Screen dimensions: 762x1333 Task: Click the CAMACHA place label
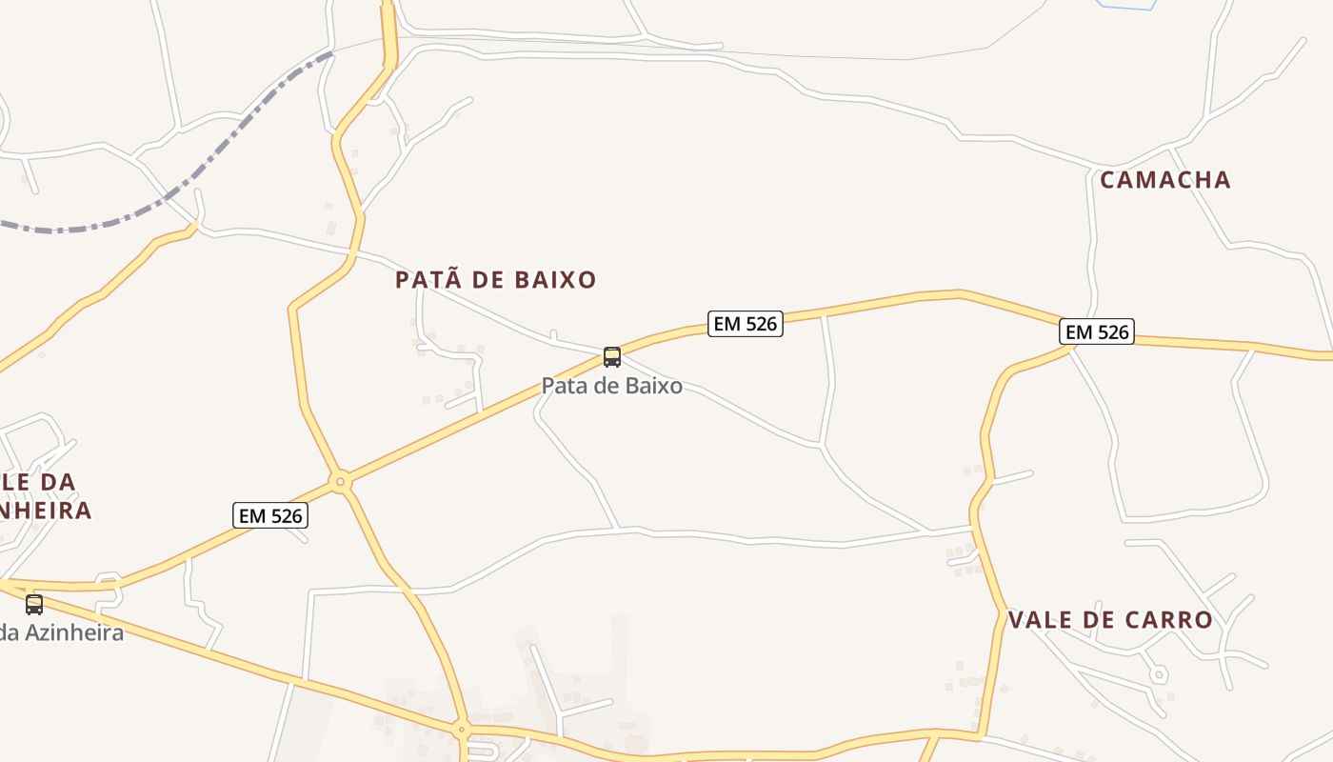tap(1164, 180)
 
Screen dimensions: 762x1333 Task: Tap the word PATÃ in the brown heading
tap(428, 280)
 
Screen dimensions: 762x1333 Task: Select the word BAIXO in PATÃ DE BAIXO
tap(555, 280)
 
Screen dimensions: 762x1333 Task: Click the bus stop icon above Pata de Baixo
tap(612, 357)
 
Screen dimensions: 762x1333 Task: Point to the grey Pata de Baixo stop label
tap(611, 386)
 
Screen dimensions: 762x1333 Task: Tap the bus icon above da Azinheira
tap(34, 604)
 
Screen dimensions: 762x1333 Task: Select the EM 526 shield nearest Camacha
tap(1096, 332)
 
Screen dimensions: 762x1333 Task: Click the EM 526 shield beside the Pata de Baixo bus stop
tap(745, 324)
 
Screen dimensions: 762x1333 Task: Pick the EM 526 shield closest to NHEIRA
tap(270, 516)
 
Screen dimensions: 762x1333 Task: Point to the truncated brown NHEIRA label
tap(46, 511)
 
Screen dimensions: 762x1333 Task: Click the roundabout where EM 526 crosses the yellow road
tap(341, 482)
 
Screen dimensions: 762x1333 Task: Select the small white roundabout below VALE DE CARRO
tap(1158, 674)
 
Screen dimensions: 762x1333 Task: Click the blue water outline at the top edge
tap(1126, 7)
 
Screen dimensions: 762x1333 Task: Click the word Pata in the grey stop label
tap(563, 386)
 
